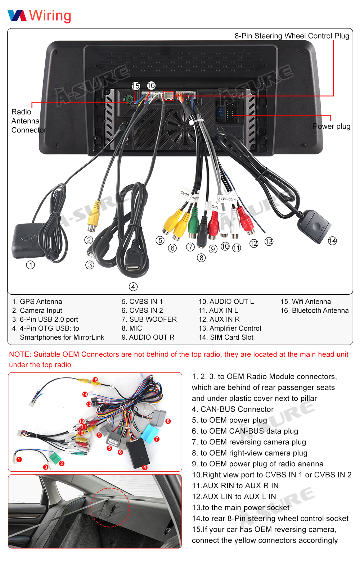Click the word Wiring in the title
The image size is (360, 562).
tap(50, 15)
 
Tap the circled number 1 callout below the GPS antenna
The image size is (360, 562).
tap(31, 265)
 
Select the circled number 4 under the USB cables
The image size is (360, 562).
tap(133, 287)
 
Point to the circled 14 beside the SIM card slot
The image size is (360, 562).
tap(332, 241)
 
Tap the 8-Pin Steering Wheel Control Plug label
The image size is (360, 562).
tap(292, 36)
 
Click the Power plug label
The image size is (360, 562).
tap(331, 126)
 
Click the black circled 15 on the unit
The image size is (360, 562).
tap(136, 86)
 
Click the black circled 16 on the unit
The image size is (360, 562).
tap(151, 86)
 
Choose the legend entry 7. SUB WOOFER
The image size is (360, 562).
tap(149, 319)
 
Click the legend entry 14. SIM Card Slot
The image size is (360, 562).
tap(226, 337)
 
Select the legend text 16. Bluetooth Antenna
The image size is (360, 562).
tap(314, 311)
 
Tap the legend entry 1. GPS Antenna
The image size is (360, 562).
tap(37, 302)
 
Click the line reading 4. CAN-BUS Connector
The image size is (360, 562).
tap(233, 409)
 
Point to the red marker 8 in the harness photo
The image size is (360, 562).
tap(168, 421)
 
